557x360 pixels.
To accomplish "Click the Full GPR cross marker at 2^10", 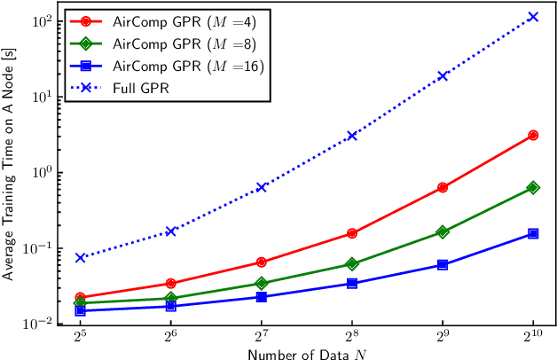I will point(533,17).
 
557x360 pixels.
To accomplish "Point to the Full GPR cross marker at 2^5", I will point(80,257).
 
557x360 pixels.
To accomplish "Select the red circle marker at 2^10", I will point(533,135).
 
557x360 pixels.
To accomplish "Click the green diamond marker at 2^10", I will point(533,187).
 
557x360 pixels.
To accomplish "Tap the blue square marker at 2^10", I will point(533,233).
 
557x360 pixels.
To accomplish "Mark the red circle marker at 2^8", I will point(352,233).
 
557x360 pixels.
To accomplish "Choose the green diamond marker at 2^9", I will point(443,232).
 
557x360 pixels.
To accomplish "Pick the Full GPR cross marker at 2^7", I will point(262,187).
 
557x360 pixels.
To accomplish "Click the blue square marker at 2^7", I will point(262,297).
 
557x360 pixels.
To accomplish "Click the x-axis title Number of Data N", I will point(306,353).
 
